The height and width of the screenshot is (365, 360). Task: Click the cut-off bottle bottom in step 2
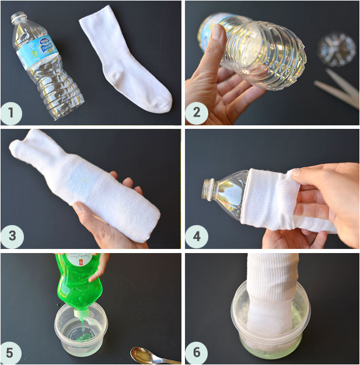point(337,48)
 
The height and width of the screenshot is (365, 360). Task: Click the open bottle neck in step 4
point(208,188)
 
